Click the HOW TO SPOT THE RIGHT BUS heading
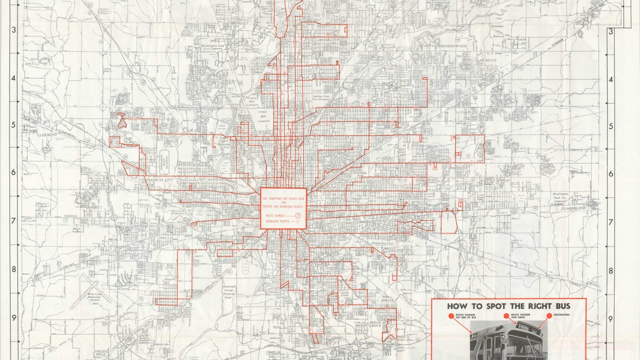click(509, 306)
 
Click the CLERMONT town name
click(47, 135)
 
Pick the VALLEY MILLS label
click(101, 353)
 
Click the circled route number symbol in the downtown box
click(298, 214)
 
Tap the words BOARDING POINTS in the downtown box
click(278, 220)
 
